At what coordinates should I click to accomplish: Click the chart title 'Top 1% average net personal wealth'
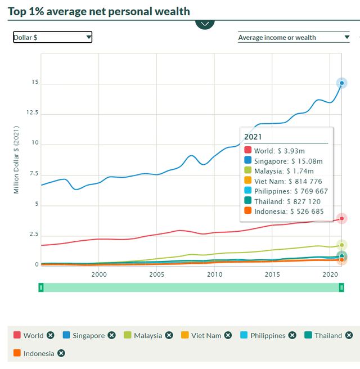[x=99, y=11]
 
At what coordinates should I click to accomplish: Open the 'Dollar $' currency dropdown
[x=52, y=37]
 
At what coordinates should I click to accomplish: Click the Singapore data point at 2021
[x=341, y=83]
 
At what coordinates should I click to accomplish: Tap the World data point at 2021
[x=341, y=218]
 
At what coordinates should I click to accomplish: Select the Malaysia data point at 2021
[x=341, y=245]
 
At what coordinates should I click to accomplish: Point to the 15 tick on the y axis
[x=35, y=83]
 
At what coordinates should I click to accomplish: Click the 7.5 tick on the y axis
[x=33, y=174]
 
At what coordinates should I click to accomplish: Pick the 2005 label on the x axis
[x=157, y=274]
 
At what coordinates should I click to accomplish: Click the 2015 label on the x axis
[x=272, y=274]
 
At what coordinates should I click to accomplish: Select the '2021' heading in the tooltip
[x=253, y=137]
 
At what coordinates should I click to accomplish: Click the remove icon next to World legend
[x=51, y=335]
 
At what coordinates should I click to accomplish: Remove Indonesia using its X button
[x=61, y=353]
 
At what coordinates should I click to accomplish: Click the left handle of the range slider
[x=41, y=287]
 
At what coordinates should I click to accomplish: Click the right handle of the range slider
[x=341, y=287]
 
